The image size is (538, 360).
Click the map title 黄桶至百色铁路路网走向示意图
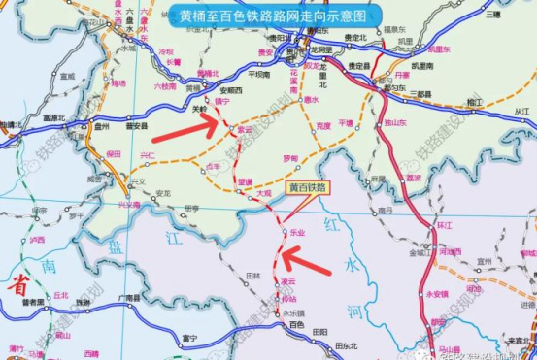pyautogui.click(x=273, y=16)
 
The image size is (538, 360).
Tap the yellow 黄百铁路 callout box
pyautogui.click(x=308, y=185)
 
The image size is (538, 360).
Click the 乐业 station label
pyautogui.click(x=298, y=233)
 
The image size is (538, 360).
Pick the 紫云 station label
pyautogui.click(x=245, y=129)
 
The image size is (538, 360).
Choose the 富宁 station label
pyautogui.click(x=189, y=338)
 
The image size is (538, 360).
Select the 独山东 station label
pyautogui.click(x=394, y=122)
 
